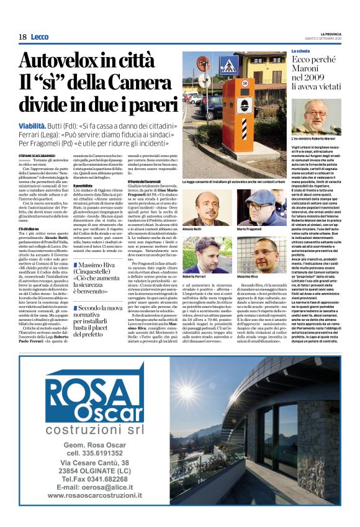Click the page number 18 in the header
click(22, 37)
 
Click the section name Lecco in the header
click(39, 37)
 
